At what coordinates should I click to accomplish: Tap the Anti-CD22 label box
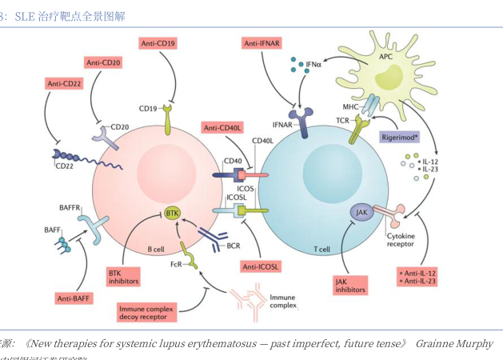pos(66,82)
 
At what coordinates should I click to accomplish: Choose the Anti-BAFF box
pos(77,298)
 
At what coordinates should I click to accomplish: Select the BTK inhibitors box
pos(124,276)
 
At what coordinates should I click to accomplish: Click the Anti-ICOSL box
pos(259,265)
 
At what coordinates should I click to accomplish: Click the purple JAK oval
pos(361,212)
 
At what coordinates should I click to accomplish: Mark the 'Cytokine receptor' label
pos(401,241)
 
